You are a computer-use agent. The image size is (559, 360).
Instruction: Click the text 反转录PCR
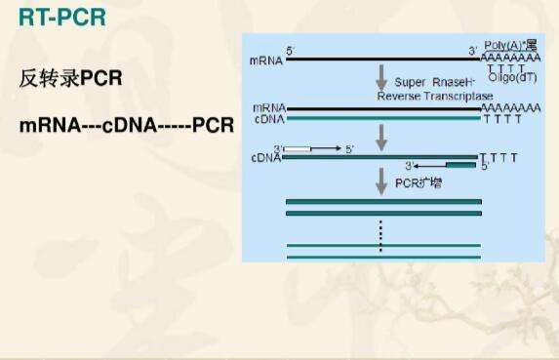[x=71, y=78]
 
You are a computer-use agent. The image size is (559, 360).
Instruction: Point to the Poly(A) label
[x=507, y=46]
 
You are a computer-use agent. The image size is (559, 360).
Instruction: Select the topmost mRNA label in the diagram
[x=266, y=60]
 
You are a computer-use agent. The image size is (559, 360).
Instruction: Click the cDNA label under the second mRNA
[x=267, y=119]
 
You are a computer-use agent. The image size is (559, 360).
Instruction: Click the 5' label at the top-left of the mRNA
[x=290, y=49]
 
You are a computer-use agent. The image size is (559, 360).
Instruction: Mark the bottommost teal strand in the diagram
[x=382, y=257]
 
